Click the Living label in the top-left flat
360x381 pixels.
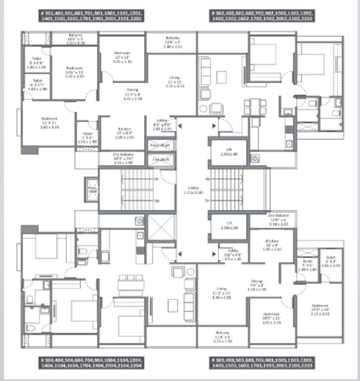click(174, 78)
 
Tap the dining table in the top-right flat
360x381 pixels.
click(254, 106)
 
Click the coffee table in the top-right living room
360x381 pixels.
click(221, 78)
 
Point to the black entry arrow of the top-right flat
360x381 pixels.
click(214, 126)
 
